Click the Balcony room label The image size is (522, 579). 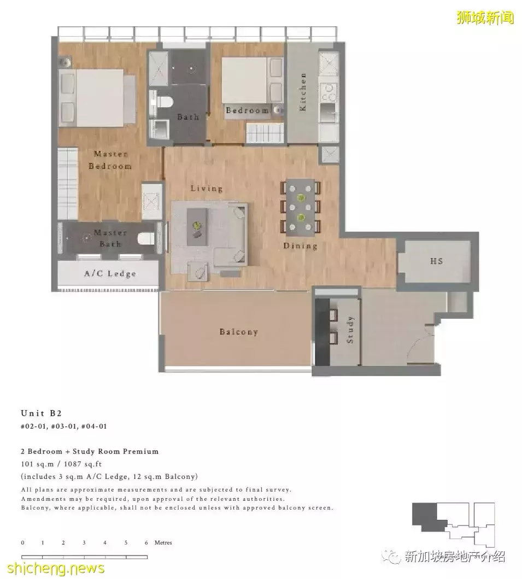click(x=238, y=331)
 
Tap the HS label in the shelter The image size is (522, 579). click(x=436, y=261)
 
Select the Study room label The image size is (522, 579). click(x=350, y=329)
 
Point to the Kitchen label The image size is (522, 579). click(x=303, y=91)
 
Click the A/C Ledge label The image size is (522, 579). click(x=110, y=273)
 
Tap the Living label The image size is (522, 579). click(x=207, y=188)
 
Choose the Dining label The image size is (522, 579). click(x=300, y=245)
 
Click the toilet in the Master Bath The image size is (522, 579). click(x=146, y=238)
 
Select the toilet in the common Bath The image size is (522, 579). click(x=162, y=101)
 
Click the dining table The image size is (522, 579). click(x=300, y=208)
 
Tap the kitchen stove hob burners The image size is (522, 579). click(x=328, y=92)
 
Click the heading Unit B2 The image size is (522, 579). click(x=41, y=413)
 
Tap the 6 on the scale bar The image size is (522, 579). click(x=146, y=542)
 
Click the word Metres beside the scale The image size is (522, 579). click(x=163, y=542)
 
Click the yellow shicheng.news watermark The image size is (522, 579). click(x=56, y=568)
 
